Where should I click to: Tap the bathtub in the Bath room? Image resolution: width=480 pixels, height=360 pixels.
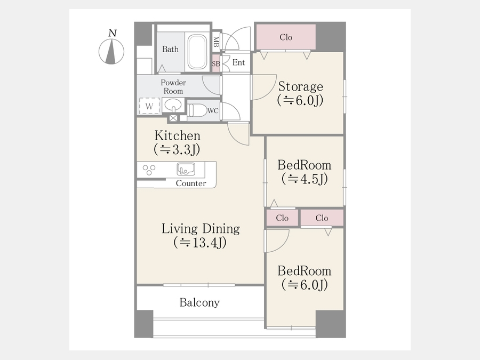click(197, 52)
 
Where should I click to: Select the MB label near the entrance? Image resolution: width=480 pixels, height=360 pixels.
click(216, 42)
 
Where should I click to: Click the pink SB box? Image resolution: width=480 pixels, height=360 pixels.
click(216, 63)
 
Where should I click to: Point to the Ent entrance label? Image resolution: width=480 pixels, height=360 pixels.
click(238, 62)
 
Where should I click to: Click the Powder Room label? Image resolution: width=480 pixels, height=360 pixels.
click(173, 86)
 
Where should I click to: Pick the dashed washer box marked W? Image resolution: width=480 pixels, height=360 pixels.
click(149, 106)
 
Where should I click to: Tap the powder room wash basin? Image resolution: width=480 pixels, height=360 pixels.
click(173, 106)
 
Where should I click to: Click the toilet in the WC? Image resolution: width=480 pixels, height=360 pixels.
click(197, 110)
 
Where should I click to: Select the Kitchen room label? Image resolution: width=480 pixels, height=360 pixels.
click(178, 135)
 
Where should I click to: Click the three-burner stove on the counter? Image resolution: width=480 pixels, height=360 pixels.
click(149, 170)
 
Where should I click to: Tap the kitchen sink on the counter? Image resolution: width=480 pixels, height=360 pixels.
click(186, 169)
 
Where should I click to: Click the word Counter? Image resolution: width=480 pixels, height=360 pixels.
click(191, 183)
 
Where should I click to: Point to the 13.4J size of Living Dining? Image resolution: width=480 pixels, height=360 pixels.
click(200, 243)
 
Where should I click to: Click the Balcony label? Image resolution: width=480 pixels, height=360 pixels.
click(199, 302)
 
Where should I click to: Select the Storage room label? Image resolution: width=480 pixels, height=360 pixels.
click(301, 86)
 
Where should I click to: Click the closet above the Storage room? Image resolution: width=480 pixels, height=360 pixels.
click(286, 37)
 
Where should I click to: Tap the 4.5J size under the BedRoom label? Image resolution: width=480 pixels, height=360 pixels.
click(305, 179)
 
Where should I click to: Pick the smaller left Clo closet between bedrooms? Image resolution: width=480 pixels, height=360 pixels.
click(282, 218)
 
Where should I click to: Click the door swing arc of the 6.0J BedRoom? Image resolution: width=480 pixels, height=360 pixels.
click(284, 245)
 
